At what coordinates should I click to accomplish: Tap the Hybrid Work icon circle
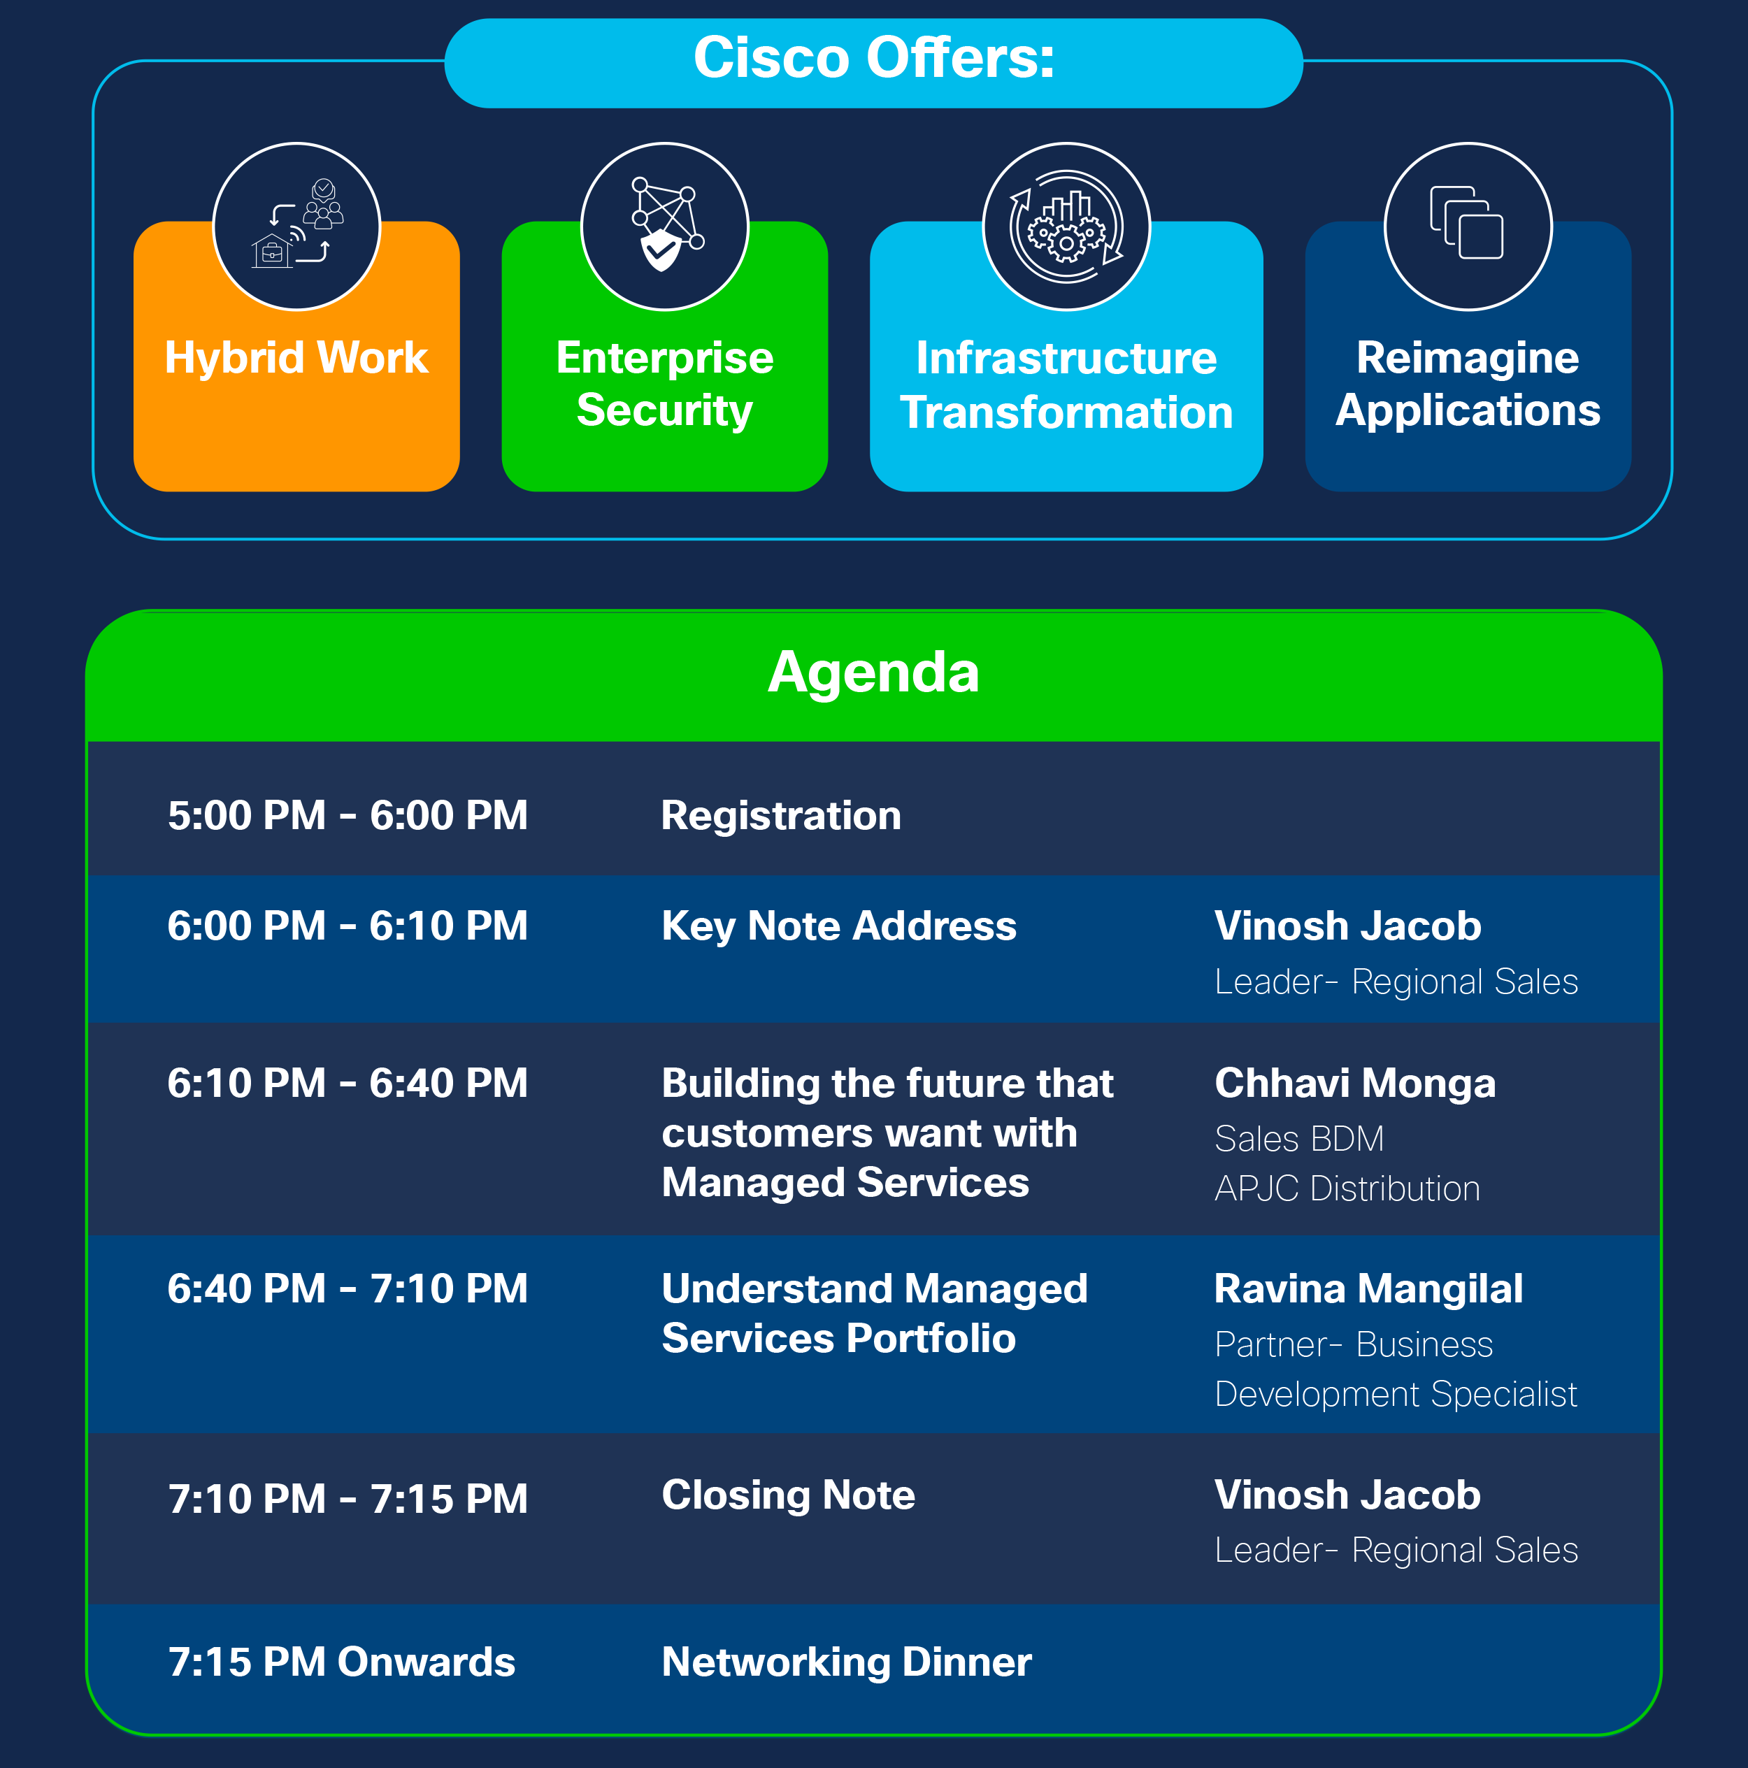pyautogui.click(x=296, y=226)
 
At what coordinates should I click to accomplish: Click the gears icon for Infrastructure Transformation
pyautogui.click(x=1066, y=226)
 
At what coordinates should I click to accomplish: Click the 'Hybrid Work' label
pyautogui.click(x=296, y=357)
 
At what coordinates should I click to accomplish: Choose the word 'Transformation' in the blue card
pyautogui.click(x=1066, y=412)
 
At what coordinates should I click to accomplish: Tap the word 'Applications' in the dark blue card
pyautogui.click(x=1467, y=410)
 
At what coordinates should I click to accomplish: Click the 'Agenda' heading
pyautogui.click(x=873, y=673)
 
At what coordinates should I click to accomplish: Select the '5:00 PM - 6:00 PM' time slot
pyautogui.click(x=348, y=815)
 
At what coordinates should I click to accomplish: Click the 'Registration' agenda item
pyautogui.click(x=780, y=815)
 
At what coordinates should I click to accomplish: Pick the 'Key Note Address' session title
pyautogui.click(x=838, y=926)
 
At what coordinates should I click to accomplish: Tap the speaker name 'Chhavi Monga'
pyautogui.click(x=1354, y=1084)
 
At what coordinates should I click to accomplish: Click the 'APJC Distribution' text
pyautogui.click(x=1346, y=1188)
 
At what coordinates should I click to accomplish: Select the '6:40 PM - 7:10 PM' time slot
pyautogui.click(x=348, y=1288)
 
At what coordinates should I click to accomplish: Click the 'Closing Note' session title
pyautogui.click(x=788, y=1495)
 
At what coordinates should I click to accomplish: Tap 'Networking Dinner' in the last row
pyautogui.click(x=847, y=1662)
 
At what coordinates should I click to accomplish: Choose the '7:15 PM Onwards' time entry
pyautogui.click(x=341, y=1662)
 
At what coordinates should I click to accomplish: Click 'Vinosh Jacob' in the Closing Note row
pyautogui.click(x=1347, y=1495)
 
